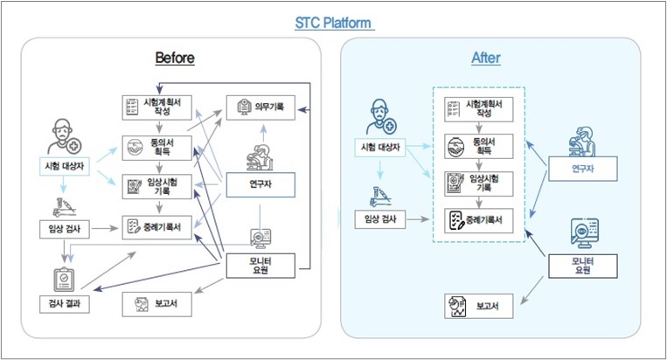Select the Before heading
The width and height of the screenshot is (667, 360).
pyautogui.click(x=174, y=59)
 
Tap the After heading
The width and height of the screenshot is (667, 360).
pyautogui.click(x=486, y=59)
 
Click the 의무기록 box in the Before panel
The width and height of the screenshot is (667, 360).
pyautogui.click(x=260, y=107)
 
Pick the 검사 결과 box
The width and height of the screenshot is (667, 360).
pyautogui.click(x=61, y=303)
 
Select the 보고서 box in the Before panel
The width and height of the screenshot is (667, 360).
pyautogui.click(x=156, y=304)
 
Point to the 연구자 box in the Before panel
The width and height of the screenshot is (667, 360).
pyautogui.click(x=260, y=183)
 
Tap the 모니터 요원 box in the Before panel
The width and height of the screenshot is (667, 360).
pyautogui.click(x=260, y=265)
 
